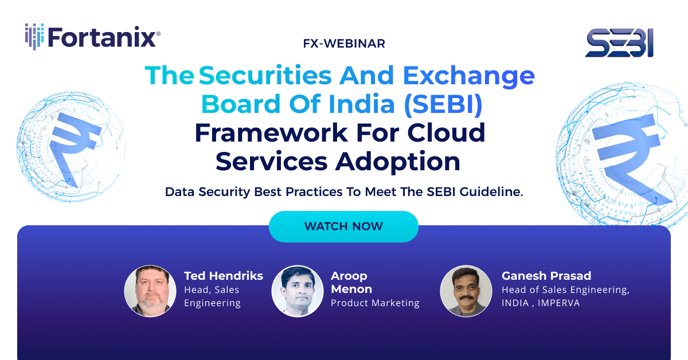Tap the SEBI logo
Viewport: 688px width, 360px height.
coord(619,44)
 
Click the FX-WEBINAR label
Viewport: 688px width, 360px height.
coord(343,43)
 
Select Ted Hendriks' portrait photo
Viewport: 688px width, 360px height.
coord(150,291)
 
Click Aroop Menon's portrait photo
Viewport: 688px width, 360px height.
coord(298,291)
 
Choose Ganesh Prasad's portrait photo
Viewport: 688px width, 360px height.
coord(466,291)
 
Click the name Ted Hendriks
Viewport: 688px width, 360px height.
coord(223,276)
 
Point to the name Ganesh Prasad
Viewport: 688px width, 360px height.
coord(546,276)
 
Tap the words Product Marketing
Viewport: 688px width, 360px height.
coord(375,303)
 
